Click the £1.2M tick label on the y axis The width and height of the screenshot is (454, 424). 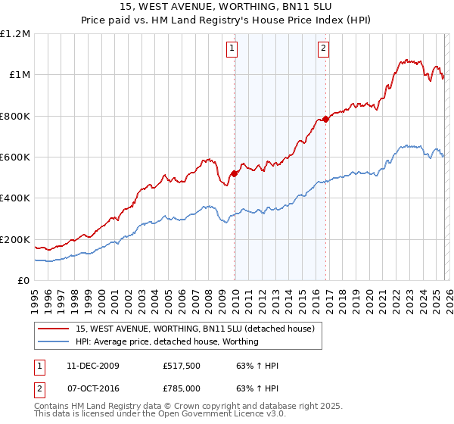point(16,34)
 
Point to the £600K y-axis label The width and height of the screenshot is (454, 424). point(16,157)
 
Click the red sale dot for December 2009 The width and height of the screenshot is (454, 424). point(235,173)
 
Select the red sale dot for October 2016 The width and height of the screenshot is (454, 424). point(325,119)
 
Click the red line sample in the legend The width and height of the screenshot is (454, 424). point(54,329)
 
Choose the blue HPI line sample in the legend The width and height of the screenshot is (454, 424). point(54,341)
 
